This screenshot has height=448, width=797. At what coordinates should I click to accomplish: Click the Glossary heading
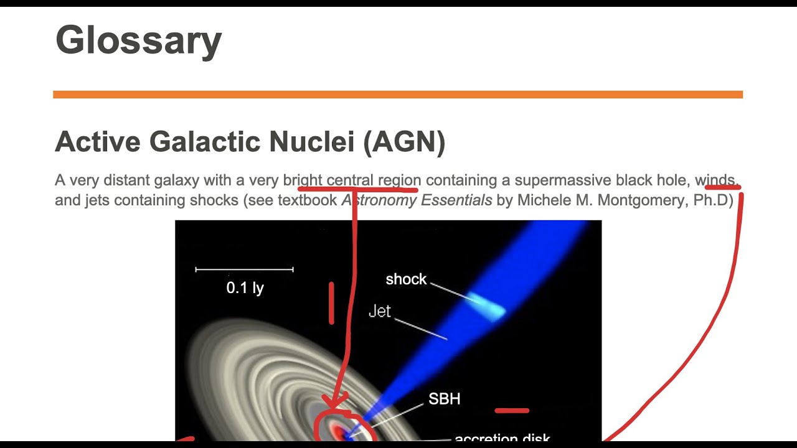tap(138, 40)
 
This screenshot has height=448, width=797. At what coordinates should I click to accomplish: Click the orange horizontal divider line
tap(398, 95)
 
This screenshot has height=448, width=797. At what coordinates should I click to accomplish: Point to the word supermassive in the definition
tap(563, 180)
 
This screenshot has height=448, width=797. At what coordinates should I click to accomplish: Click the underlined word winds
tap(716, 180)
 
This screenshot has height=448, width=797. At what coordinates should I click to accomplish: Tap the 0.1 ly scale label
tap(245, 287)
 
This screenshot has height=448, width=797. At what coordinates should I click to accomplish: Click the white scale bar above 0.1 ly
tap(244, 269)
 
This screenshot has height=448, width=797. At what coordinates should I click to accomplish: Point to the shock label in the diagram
tap(406, 279)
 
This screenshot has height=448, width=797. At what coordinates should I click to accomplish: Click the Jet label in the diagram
tap(380, 311)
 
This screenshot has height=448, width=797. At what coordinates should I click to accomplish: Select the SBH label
tap(444, 399)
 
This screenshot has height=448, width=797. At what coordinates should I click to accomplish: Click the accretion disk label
tap(502, 437)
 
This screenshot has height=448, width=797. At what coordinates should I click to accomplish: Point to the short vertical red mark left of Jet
tap(331, 303)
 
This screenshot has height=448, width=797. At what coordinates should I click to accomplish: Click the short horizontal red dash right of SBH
tap(512, 411)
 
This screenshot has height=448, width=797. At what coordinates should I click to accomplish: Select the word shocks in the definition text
tap(216, 200)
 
